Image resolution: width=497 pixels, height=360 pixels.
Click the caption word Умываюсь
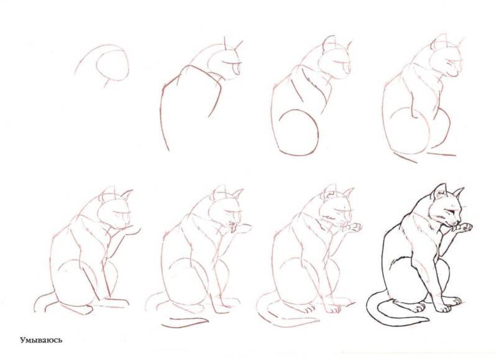41,340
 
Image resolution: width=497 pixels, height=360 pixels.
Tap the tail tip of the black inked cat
429,319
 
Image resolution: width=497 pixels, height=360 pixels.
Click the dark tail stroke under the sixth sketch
185,322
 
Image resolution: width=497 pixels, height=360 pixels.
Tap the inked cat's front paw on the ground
443,308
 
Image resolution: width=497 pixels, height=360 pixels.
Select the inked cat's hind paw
420,307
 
